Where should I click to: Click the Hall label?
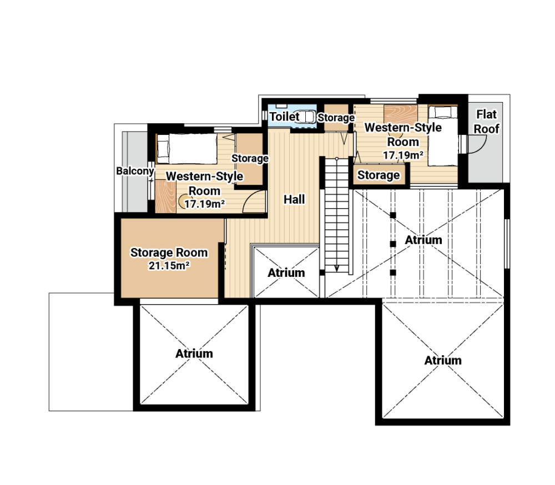(294, 199)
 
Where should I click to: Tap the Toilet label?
(285, 117)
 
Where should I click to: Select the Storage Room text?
(169, 252)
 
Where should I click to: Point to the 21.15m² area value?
(169, 265)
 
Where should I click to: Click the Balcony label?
(135, 171)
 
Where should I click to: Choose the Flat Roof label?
(486, 122)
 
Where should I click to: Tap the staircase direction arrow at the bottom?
(337, 268)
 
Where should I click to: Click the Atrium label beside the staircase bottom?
(286, 272)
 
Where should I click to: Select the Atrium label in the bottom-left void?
(194, 353)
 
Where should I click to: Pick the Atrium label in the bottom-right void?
(443, 360)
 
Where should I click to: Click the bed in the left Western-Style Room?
(187, 149)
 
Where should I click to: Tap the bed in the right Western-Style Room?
(442, 135)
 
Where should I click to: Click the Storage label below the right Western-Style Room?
(379, 175)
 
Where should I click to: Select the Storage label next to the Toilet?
(336, 118)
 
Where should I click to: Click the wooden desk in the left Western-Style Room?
(165, 196)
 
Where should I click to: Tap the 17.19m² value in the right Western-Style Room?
(403, 155)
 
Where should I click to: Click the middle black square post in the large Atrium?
(392, 244)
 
